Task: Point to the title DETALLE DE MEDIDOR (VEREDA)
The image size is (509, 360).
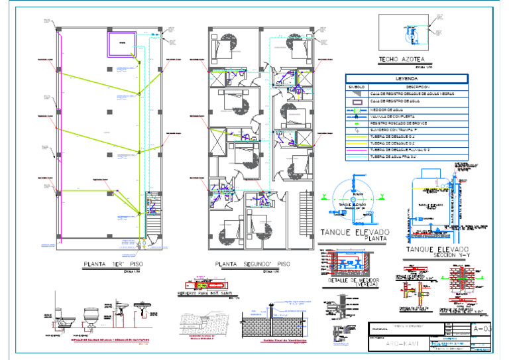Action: pyautogui.click(x=355, y=283)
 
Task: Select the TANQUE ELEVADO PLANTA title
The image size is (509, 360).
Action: pyautogui.click(x=355, y=235)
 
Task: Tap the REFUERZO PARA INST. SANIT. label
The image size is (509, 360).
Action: pyautogui.click(x=203, y=292)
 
